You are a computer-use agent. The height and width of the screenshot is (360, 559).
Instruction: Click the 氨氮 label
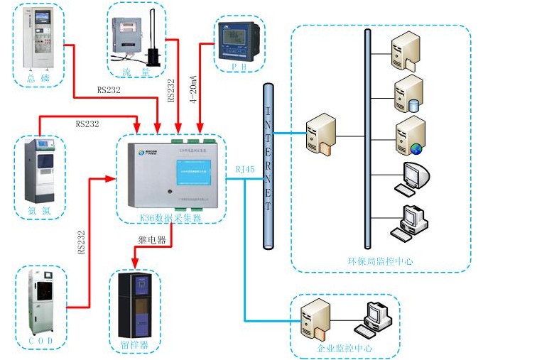point(40,209)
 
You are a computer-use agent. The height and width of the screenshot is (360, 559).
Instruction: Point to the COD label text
point(40,341)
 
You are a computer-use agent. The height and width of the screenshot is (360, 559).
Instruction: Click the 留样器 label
point(135,346)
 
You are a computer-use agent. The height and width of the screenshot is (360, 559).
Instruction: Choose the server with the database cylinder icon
point(409,94)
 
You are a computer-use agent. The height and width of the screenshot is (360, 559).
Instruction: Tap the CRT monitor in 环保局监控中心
point(413,177)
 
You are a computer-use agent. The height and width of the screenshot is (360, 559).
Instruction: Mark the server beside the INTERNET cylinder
point(317,133)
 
